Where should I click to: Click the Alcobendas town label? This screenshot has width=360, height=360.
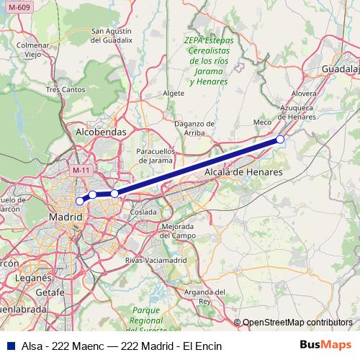(101, 132)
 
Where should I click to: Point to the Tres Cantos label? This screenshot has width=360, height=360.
(65, 90)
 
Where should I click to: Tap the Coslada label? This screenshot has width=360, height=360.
(144, 212)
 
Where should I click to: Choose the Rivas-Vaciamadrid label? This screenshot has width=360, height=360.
(156, 259)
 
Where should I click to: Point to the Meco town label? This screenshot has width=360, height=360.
(263, 122)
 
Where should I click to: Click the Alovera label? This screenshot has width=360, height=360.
(304, 94)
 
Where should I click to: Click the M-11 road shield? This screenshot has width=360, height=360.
(81, 170)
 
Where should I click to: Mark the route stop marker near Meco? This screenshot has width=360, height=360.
(280, 140)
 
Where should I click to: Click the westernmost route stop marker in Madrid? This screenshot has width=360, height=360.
(80, 201)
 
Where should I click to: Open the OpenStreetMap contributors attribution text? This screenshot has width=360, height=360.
(297, 322)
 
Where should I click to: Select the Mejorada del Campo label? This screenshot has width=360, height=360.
(179, 231)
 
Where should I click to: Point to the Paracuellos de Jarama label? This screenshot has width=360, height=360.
(162, 156)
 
